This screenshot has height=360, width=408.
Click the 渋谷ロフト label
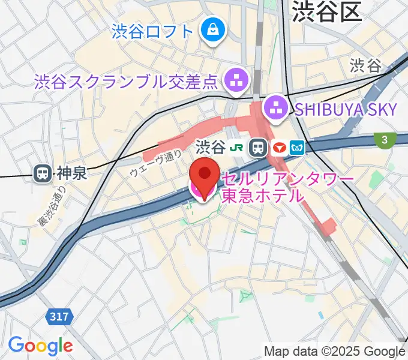click(x=152, y=30)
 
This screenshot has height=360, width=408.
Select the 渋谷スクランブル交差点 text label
click(x=125, y=80)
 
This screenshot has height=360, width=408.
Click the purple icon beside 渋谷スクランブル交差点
click(x=235, y=79)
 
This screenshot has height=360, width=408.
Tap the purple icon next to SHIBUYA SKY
click(x=277, y=108)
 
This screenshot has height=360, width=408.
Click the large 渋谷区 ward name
click(x=326, y=13)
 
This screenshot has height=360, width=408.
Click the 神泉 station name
click(x=71, y=174)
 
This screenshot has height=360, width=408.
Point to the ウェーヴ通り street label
click(x=155, y=163)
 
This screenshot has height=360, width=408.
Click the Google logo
click(x=40, y=345)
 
